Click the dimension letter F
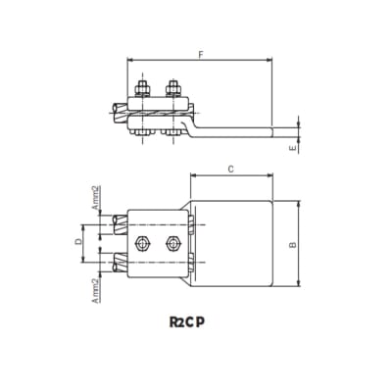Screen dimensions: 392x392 201,55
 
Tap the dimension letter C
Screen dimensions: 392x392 231,169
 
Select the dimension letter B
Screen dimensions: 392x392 293,244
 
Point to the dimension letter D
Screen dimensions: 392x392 78,242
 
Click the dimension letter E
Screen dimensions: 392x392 294,148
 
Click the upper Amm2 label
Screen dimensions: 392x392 95,198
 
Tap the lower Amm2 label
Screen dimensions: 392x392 95,290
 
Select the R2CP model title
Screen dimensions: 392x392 187,322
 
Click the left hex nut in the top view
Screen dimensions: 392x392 142,243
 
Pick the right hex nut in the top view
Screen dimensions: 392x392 173,243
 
